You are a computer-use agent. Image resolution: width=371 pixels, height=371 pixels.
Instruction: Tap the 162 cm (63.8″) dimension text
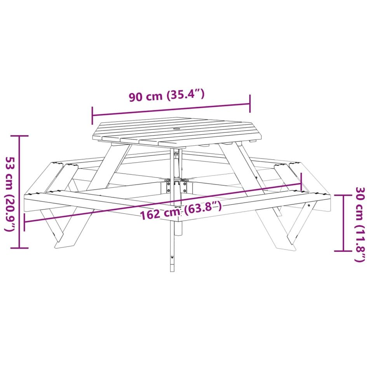(x=181, y=210)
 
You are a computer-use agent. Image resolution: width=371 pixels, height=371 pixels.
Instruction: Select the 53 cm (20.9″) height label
(x=10, y=193)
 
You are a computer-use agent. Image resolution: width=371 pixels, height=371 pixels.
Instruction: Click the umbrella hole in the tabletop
(x=177, y=129)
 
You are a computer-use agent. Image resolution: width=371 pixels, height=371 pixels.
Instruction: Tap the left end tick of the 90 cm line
(x=92, y=115)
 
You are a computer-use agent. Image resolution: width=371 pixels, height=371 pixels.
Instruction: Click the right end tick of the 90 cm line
(x=250, y=104)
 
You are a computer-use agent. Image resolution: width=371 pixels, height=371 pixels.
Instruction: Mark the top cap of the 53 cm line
(x=20, y=136)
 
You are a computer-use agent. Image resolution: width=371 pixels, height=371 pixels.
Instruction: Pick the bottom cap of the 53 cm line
(x=20, y=248)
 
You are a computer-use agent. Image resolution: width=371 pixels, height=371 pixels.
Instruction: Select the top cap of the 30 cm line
(x=343, y=195)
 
